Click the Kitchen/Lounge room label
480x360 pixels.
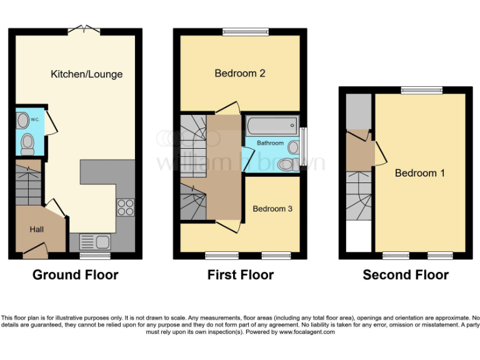[x=86, y=74]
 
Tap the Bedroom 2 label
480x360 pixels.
[x=240, y=73]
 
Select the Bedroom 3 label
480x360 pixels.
[x=272, y=209]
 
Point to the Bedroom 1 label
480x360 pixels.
[x=420, y=173]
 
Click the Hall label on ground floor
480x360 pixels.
[x=37, y=230]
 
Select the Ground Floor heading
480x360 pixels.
[x=75, y=275]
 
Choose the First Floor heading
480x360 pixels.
[x=241, y=275]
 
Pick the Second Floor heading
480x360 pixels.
[x=406, y=275]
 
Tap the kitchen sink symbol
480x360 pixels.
[x=95, y=241]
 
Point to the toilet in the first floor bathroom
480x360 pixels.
[x=286, y=164]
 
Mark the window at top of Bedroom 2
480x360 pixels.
[x=241, y=30]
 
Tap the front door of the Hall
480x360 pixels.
[x=35, y=254]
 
